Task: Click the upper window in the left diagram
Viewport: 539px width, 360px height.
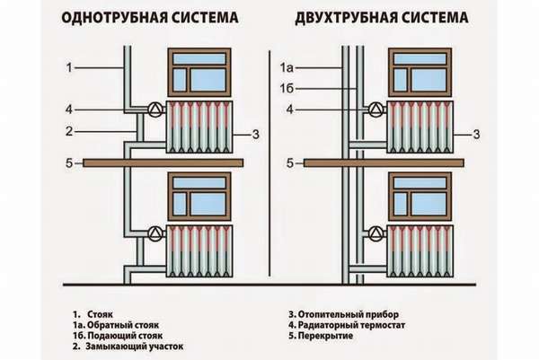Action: click(x=199, y=72)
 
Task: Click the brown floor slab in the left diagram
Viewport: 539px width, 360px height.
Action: click(x=163, y=162)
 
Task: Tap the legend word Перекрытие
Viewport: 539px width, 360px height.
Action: click(x=329, y=336)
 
